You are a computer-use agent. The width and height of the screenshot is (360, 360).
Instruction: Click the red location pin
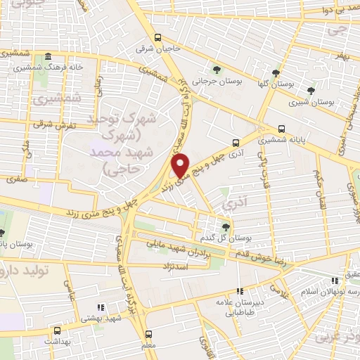point(181,165)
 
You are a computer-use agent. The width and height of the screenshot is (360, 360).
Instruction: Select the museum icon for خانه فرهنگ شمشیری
point(48,57)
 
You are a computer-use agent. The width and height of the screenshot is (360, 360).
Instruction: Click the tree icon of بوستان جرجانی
point(217,69)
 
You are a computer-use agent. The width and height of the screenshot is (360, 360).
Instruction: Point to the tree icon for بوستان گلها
point(276,73)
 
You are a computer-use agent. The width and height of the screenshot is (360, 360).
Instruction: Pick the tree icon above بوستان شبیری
point(311,90)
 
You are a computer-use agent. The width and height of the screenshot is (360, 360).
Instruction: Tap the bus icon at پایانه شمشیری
point(282,129)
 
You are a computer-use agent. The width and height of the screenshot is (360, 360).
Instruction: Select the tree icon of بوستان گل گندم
point(225,226)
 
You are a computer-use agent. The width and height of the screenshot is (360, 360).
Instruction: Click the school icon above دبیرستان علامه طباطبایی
point(240,290)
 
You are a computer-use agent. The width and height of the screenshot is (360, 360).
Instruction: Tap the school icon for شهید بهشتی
point(101,307)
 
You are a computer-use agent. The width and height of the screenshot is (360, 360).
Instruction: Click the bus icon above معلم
point(148,334)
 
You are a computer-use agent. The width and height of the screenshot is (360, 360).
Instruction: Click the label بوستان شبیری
point(314,101)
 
